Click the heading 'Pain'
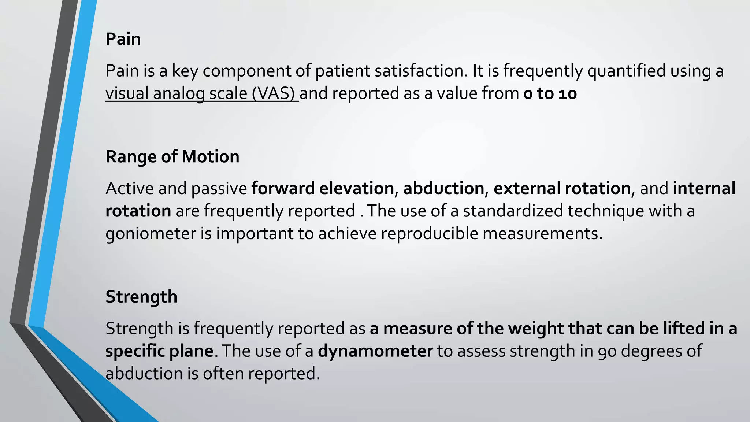pyautogui.click(x=123, y=39)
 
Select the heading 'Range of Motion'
pyautogui.click(x=172, y=156)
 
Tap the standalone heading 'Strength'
pyautogui.click(x=141, y=296)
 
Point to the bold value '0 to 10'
pyautogui.click(x=550, y=94)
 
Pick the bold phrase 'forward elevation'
pyautogui.click(x=322, y=188)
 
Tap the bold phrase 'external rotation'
pyautogui.click(x=562, y=188)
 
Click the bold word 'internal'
pyautogui.click(x=704, y=188)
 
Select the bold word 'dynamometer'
pyautogui.click(x=375, y=351)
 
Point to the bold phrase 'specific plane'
pyautogui.click(x=159, y=351)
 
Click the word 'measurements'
pyautogui.click(x=542, y=234)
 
